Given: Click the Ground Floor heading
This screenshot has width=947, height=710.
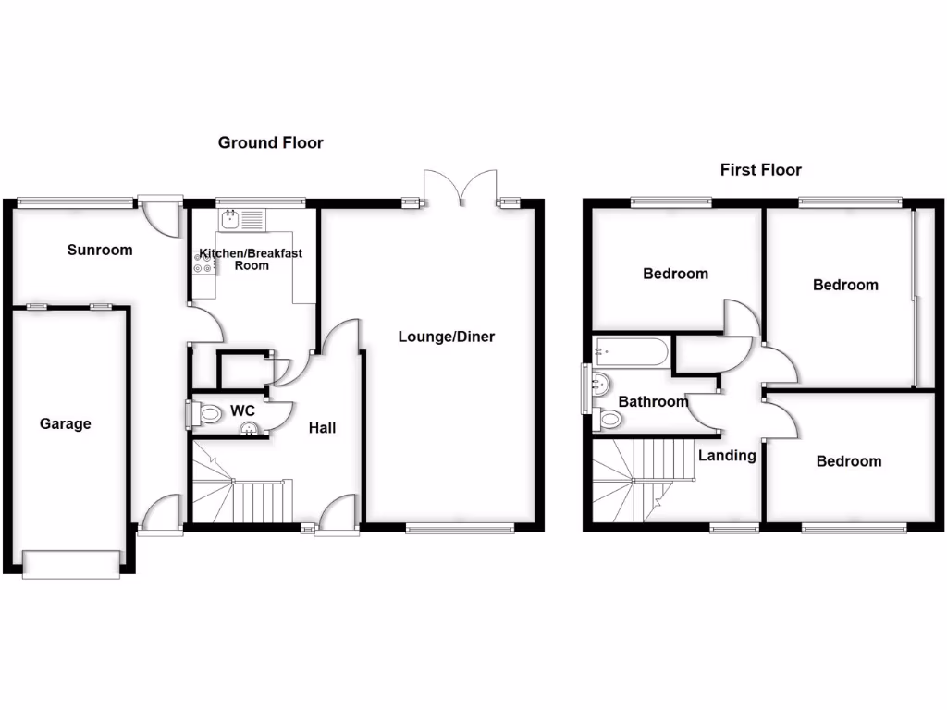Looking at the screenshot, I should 270,142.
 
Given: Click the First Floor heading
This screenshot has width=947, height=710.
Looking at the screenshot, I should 760,170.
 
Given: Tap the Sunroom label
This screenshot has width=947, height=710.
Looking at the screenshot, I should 100,250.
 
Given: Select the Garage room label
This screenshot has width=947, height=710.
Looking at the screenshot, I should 66,424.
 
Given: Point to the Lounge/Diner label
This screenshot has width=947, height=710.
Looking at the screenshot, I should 447,337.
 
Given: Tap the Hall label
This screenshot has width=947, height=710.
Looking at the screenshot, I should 322,427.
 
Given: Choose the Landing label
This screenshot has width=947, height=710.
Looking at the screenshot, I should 727,455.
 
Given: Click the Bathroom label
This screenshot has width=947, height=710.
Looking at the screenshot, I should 653,401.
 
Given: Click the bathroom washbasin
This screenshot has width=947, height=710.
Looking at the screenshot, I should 601,383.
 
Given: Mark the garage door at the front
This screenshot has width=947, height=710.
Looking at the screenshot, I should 71,563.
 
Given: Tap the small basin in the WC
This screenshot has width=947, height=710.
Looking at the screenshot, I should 249,428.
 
